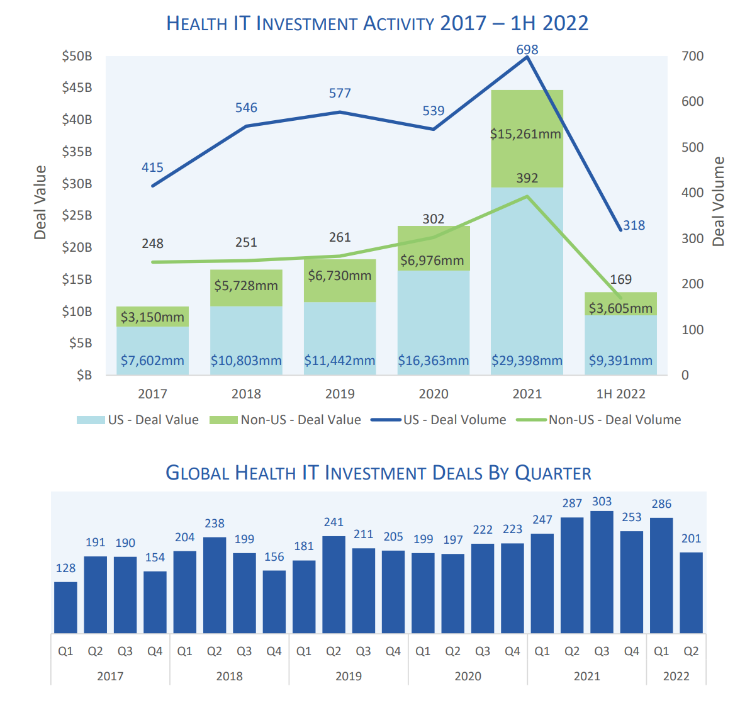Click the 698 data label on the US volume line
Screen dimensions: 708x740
(x=527, y=50)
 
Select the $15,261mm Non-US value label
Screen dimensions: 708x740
(x=525, y=134)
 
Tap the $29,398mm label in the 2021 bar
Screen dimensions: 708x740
(x=527, y=361)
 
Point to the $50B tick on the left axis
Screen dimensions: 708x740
(x=77, y=56)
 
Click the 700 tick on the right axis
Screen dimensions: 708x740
(x=693, y=56)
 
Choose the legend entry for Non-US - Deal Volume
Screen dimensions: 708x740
(x=614, y=420)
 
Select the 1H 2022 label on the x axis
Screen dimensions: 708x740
(x=620, y=394)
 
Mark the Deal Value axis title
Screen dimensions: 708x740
(x=40, y=203)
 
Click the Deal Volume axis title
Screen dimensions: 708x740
(x=719, y=201)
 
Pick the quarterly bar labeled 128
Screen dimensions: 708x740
(x=65, y=607)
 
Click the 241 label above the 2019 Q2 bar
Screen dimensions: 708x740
(x=334, y=522)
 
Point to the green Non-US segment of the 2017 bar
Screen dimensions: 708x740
(x=152, y=316)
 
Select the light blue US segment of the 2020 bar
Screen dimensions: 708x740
(x=434, y=321)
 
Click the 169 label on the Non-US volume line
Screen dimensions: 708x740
(x=620, y=279)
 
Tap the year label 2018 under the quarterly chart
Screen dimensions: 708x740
(x=229, y=676)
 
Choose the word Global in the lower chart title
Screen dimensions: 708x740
(x=197, y=473)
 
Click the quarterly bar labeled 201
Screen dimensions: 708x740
(x=691, y=592)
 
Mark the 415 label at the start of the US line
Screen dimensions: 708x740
(x=152, y=167)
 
